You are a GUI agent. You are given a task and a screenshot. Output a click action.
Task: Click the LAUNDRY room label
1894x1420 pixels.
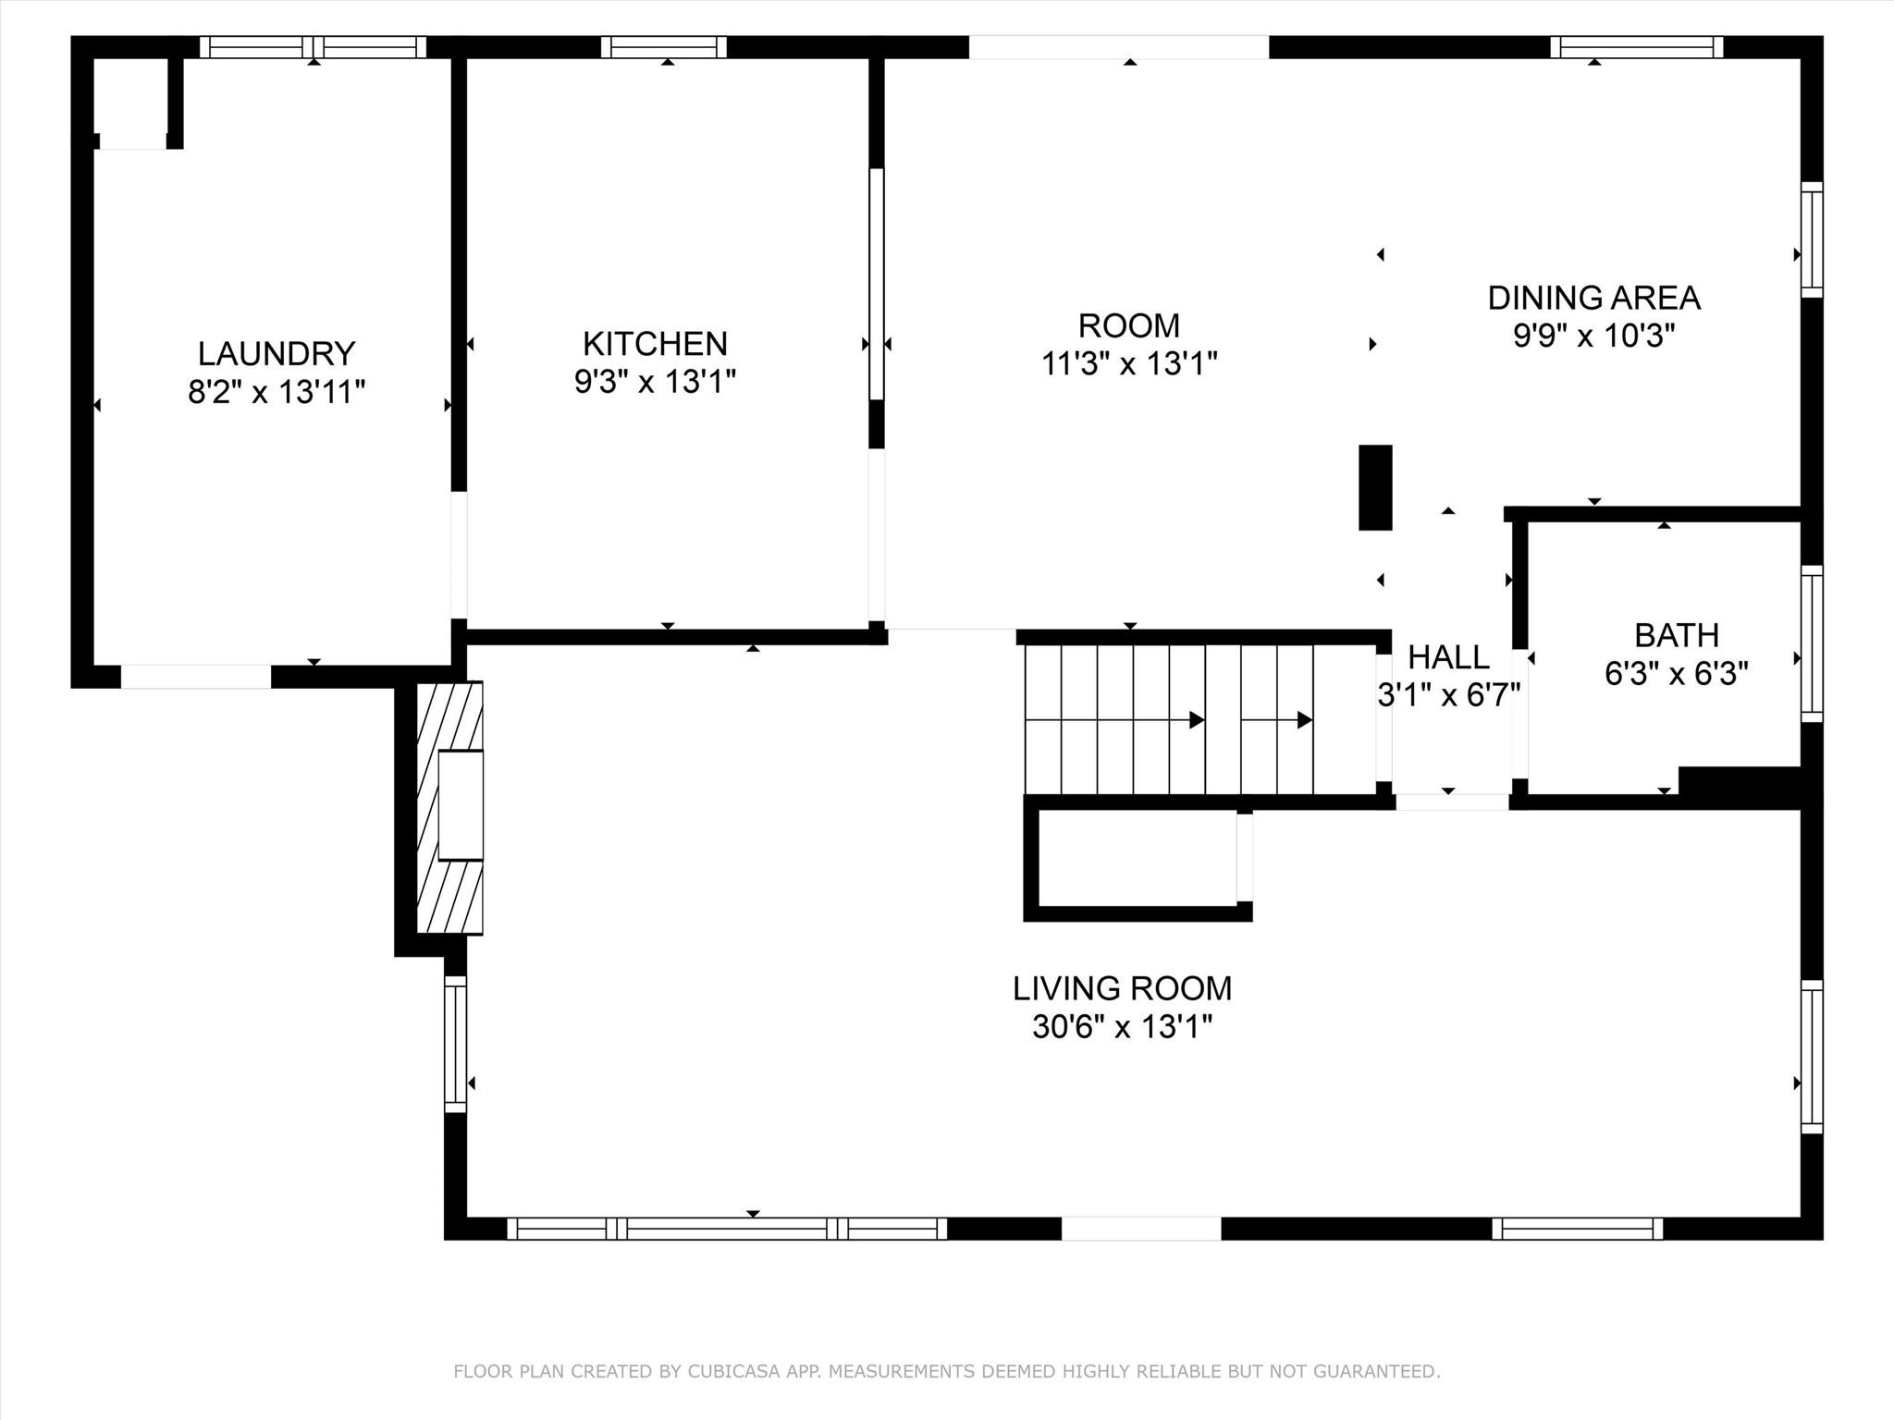(x=277, y=354)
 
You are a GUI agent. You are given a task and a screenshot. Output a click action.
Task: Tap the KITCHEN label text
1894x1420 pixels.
(x=655, y=344)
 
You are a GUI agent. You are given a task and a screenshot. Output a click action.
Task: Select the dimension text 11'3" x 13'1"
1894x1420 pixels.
(x=1129, y=363)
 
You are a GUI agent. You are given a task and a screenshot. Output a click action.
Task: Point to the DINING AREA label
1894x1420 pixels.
(x=1594, y=298)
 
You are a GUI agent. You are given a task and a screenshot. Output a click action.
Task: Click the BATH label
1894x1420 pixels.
(x=1677, y=635)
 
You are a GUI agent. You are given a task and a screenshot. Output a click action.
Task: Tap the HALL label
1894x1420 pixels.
(x=1448, y=657)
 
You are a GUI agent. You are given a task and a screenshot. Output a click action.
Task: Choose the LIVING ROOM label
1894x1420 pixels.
(x=1122, y=988)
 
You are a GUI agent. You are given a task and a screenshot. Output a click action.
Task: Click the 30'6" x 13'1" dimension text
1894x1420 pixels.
(x=1122, y=1026)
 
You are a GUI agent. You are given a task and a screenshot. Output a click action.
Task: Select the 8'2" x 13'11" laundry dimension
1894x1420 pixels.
(x=277, y=392)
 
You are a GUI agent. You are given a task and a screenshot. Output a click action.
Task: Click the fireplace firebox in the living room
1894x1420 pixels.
(x=461, y=806)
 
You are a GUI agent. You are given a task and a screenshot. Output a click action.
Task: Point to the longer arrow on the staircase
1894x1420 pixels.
(x=1115, y=719)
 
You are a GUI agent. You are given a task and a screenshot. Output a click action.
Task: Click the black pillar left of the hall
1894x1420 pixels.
(x=1375, y=487)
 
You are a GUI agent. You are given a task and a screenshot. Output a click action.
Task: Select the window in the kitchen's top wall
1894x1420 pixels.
(x=664, y=47)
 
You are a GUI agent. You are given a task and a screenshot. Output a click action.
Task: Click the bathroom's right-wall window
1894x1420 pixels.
(x=1812, y=643)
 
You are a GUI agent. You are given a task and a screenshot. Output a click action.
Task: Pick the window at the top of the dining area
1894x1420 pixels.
(x=1637, y=47)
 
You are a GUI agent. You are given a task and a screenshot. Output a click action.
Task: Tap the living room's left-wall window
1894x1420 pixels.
(x=455, y=1045)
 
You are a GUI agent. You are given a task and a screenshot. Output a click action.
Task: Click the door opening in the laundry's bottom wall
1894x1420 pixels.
(x=196, y=677)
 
